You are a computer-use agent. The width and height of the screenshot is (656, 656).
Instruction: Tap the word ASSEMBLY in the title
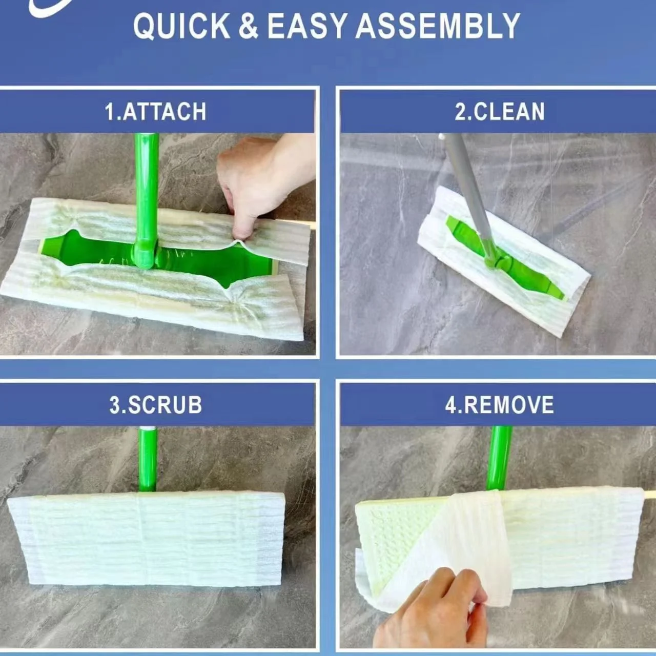coord(438,26)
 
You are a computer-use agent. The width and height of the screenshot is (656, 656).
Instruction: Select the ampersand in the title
coord(248,26)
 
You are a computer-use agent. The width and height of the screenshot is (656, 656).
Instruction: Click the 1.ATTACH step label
coord(155,112)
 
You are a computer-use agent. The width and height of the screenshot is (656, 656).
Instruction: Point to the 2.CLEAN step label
coord(500,112)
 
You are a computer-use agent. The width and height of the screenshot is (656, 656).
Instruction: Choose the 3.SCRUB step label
coord(155,405)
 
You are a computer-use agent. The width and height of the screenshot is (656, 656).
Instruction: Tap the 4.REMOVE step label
coord(500,405)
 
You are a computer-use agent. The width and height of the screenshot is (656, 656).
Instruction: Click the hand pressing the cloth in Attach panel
coord(251,184)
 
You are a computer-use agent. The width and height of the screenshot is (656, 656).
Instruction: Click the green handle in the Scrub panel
coord(148,459)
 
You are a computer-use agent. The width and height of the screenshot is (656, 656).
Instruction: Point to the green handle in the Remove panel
coord(499,456)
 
